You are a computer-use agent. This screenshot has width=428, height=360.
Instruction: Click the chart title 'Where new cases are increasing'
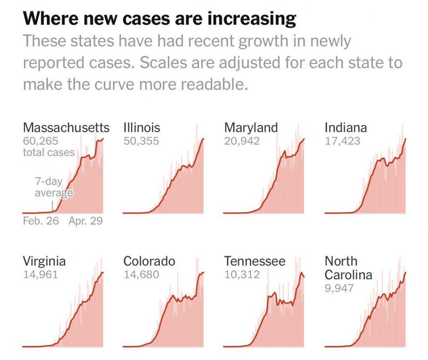tap(159, 19)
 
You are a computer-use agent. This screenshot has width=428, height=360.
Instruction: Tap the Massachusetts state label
tap(66, 128)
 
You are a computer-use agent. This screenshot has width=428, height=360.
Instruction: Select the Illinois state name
tap(142, 128)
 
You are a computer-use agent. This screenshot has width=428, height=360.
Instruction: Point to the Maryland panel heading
tap(251, 128)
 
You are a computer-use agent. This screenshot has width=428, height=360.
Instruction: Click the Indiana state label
tap(346, 128)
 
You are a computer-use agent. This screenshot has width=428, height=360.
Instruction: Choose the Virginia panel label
tap(44, 262)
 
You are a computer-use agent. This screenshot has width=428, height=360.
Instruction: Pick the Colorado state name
tap(149, 262)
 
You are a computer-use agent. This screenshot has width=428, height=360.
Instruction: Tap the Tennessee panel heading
tap(255, 262)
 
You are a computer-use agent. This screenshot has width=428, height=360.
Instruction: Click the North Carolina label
tap(348, 268)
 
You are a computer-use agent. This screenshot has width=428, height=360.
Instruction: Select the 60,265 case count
tap(41, 141)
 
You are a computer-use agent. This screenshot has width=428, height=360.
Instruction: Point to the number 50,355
tap(141, 141)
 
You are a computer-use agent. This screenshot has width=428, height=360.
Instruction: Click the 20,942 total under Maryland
tap(242, 141)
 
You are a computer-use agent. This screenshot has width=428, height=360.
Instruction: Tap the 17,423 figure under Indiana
tap(342, 141)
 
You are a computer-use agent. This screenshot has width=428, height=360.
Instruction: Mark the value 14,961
tap(40, 275)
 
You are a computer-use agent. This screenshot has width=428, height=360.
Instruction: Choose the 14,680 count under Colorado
tap(141, 275)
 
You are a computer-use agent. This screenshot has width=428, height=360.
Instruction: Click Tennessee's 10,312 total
tap(242, 275)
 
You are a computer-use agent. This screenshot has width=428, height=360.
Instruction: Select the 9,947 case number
tap(339, 288)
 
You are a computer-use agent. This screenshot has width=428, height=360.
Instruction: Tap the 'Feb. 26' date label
tap(41, 221)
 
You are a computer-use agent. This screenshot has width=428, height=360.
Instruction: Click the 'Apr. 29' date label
tap(86, 221)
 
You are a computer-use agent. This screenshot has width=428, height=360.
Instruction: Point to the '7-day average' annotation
tap(53, 187)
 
